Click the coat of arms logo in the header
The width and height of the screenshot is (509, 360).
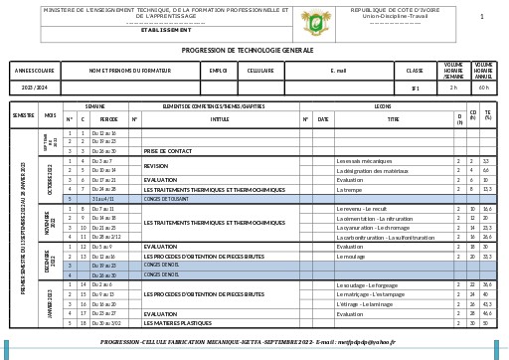[317, 19]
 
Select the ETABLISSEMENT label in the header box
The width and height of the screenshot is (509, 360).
[166, 30]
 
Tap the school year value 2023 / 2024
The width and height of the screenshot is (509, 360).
[35, 88]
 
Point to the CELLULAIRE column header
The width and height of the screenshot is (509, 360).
[260, 71]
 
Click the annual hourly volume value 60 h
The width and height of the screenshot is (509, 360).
[483, 88]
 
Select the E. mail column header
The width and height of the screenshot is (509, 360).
[339, 71]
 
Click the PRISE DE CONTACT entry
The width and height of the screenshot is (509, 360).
[168, 151]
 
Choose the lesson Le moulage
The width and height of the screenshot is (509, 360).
[352, 257]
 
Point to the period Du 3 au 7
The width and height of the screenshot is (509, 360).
[102, 161]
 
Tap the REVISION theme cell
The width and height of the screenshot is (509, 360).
[156, 166]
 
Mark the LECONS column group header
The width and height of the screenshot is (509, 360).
[383, 105]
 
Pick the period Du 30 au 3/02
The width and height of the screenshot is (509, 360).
[106, 323]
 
